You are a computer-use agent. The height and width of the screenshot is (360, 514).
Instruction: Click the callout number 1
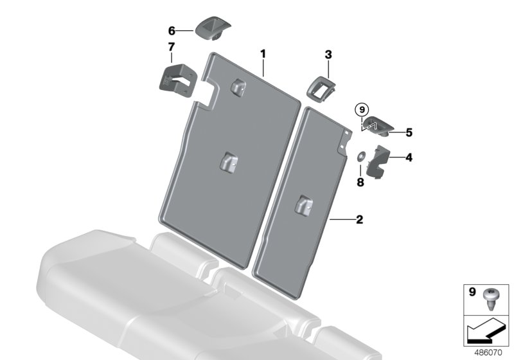(x=263, y=54)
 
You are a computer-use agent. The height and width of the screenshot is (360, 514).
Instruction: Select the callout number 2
(x=360, y=219)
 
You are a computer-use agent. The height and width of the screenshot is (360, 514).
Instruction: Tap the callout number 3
(x=328, y=55)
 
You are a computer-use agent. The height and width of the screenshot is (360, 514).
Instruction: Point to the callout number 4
(x=409, y=157)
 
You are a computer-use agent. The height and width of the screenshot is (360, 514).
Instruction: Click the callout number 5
(x=409, y=132)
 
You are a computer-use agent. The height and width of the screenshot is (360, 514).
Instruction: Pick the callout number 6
(x=172, y=31)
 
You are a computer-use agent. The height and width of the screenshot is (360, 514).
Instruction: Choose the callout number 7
(x=172, y=47)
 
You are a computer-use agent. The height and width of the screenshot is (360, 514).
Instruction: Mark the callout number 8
(x=360, y=182)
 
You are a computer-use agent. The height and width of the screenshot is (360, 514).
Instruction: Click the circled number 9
(x=362, y=109)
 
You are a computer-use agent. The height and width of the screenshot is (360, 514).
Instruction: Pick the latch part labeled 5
(x=378, y=125)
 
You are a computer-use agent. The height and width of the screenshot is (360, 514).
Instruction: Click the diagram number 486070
(x=488, y=353)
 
